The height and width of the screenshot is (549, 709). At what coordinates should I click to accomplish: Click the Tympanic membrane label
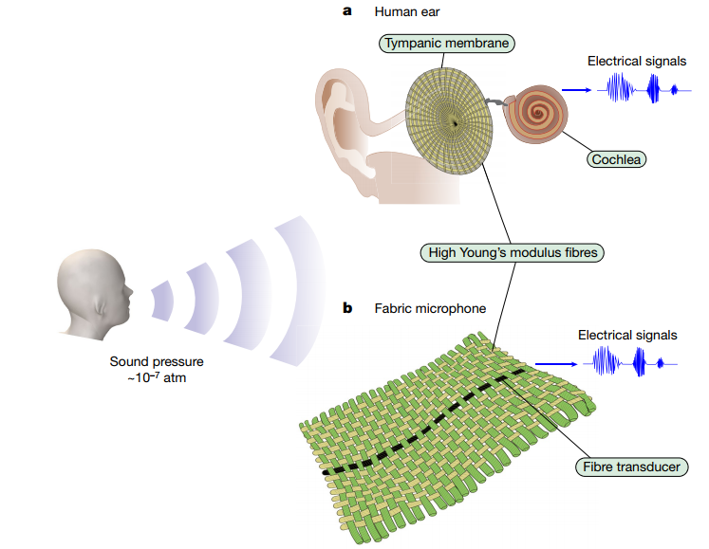tap(447, 43)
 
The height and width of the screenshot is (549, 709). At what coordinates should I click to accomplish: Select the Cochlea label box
tap(615, 159)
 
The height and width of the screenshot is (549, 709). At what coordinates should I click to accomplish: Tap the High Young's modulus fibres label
tap(513, 253)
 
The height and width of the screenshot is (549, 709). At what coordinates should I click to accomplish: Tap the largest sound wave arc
tap(302, 288)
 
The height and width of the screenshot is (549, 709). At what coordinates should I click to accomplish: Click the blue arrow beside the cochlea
tap(580, 92)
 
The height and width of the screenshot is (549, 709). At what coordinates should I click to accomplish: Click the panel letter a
tap(346, 11)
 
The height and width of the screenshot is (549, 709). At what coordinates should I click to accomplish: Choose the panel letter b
tap(347, 308)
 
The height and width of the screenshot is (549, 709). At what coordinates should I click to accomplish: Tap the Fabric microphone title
tap(418, 308)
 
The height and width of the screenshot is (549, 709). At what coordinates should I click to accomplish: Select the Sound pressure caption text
tap(157, 369)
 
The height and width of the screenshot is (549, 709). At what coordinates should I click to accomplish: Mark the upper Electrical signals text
tap(637, 62)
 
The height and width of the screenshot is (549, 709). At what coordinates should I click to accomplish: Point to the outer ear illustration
tap(349, 123)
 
